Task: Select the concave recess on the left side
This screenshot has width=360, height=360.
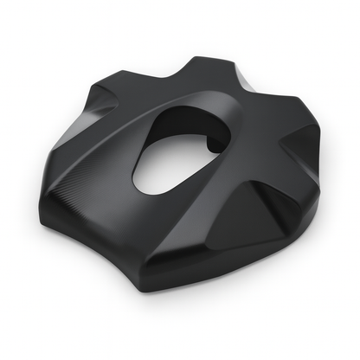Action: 100,121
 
